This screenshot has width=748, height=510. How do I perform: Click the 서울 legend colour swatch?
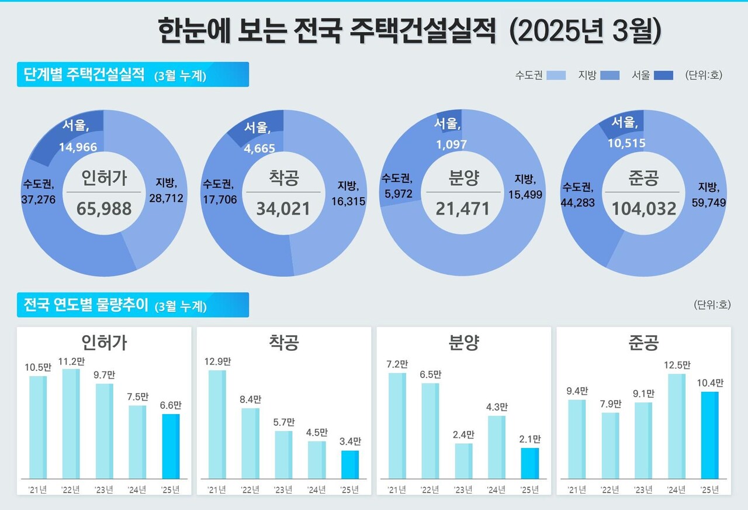pos(663,75)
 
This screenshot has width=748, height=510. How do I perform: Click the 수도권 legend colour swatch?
pos(556,75)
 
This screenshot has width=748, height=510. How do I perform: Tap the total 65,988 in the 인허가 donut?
pos(103,208)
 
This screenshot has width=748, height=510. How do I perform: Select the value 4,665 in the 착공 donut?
pos(259,149)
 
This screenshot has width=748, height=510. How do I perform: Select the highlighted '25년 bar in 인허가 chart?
pos(171,446)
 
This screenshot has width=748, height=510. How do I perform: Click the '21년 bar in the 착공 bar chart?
pos(217,425)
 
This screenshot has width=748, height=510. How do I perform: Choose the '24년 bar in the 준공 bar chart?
pos(676,426)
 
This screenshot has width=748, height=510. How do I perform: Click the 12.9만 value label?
pos(217,360)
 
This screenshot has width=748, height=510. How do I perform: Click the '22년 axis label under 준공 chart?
pos(610,490)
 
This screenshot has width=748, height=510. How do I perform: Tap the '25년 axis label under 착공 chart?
pos(350,490)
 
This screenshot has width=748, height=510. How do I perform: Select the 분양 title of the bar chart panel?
pos(464,343)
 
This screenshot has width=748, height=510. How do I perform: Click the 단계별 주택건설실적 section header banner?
pos(133,75)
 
